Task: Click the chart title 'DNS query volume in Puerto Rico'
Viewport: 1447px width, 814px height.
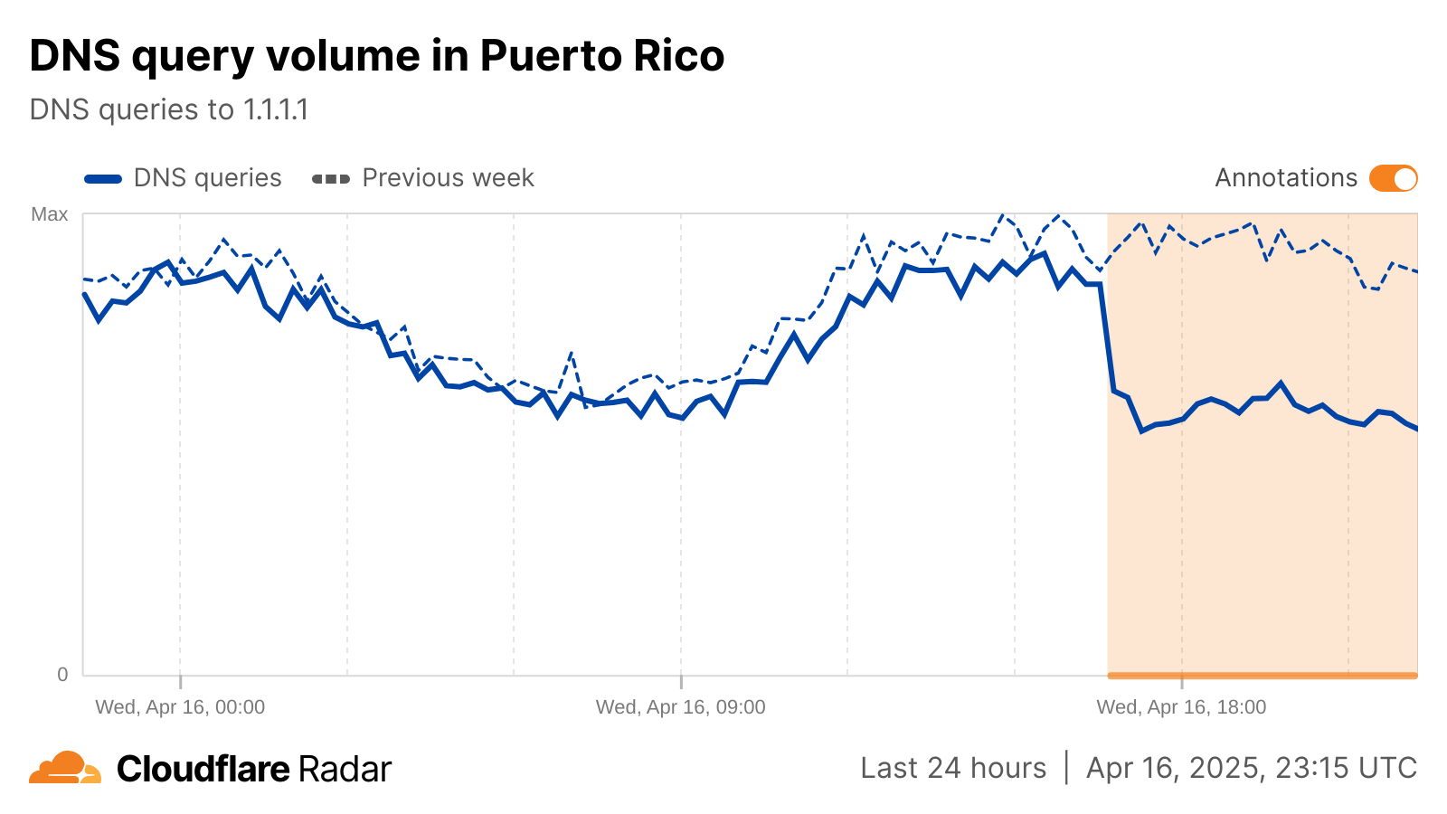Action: [376, 56]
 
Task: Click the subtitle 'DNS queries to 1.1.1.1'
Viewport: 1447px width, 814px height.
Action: [169, 109]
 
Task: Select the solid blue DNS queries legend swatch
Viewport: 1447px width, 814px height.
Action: [103, 179]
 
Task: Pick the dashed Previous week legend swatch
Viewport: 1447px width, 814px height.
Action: [331, 179]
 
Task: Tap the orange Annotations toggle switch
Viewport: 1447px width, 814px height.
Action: [1393, 178]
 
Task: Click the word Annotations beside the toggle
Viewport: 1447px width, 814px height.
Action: [1285, 178]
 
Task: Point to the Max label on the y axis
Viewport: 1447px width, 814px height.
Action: [50, 214]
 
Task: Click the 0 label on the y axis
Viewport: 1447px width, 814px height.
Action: [62, 674]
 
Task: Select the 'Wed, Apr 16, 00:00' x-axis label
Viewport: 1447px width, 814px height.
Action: [180, 707]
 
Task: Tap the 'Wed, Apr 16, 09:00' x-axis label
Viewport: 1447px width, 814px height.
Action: [680, 707]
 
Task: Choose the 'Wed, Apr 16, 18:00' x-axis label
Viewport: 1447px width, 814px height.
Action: [1181, 707]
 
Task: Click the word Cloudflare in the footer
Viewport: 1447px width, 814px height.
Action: [203, 769]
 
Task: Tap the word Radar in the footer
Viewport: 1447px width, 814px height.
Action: [345, 769]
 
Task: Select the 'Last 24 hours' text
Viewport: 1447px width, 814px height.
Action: [953, 768]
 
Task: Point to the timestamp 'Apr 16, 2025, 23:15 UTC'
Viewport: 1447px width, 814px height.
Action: [1252, 768]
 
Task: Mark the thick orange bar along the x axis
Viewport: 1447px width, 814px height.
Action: [1263, 675]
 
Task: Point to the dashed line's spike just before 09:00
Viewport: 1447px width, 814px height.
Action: [572, 354]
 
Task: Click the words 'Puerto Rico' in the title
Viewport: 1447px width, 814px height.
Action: [602, 56]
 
